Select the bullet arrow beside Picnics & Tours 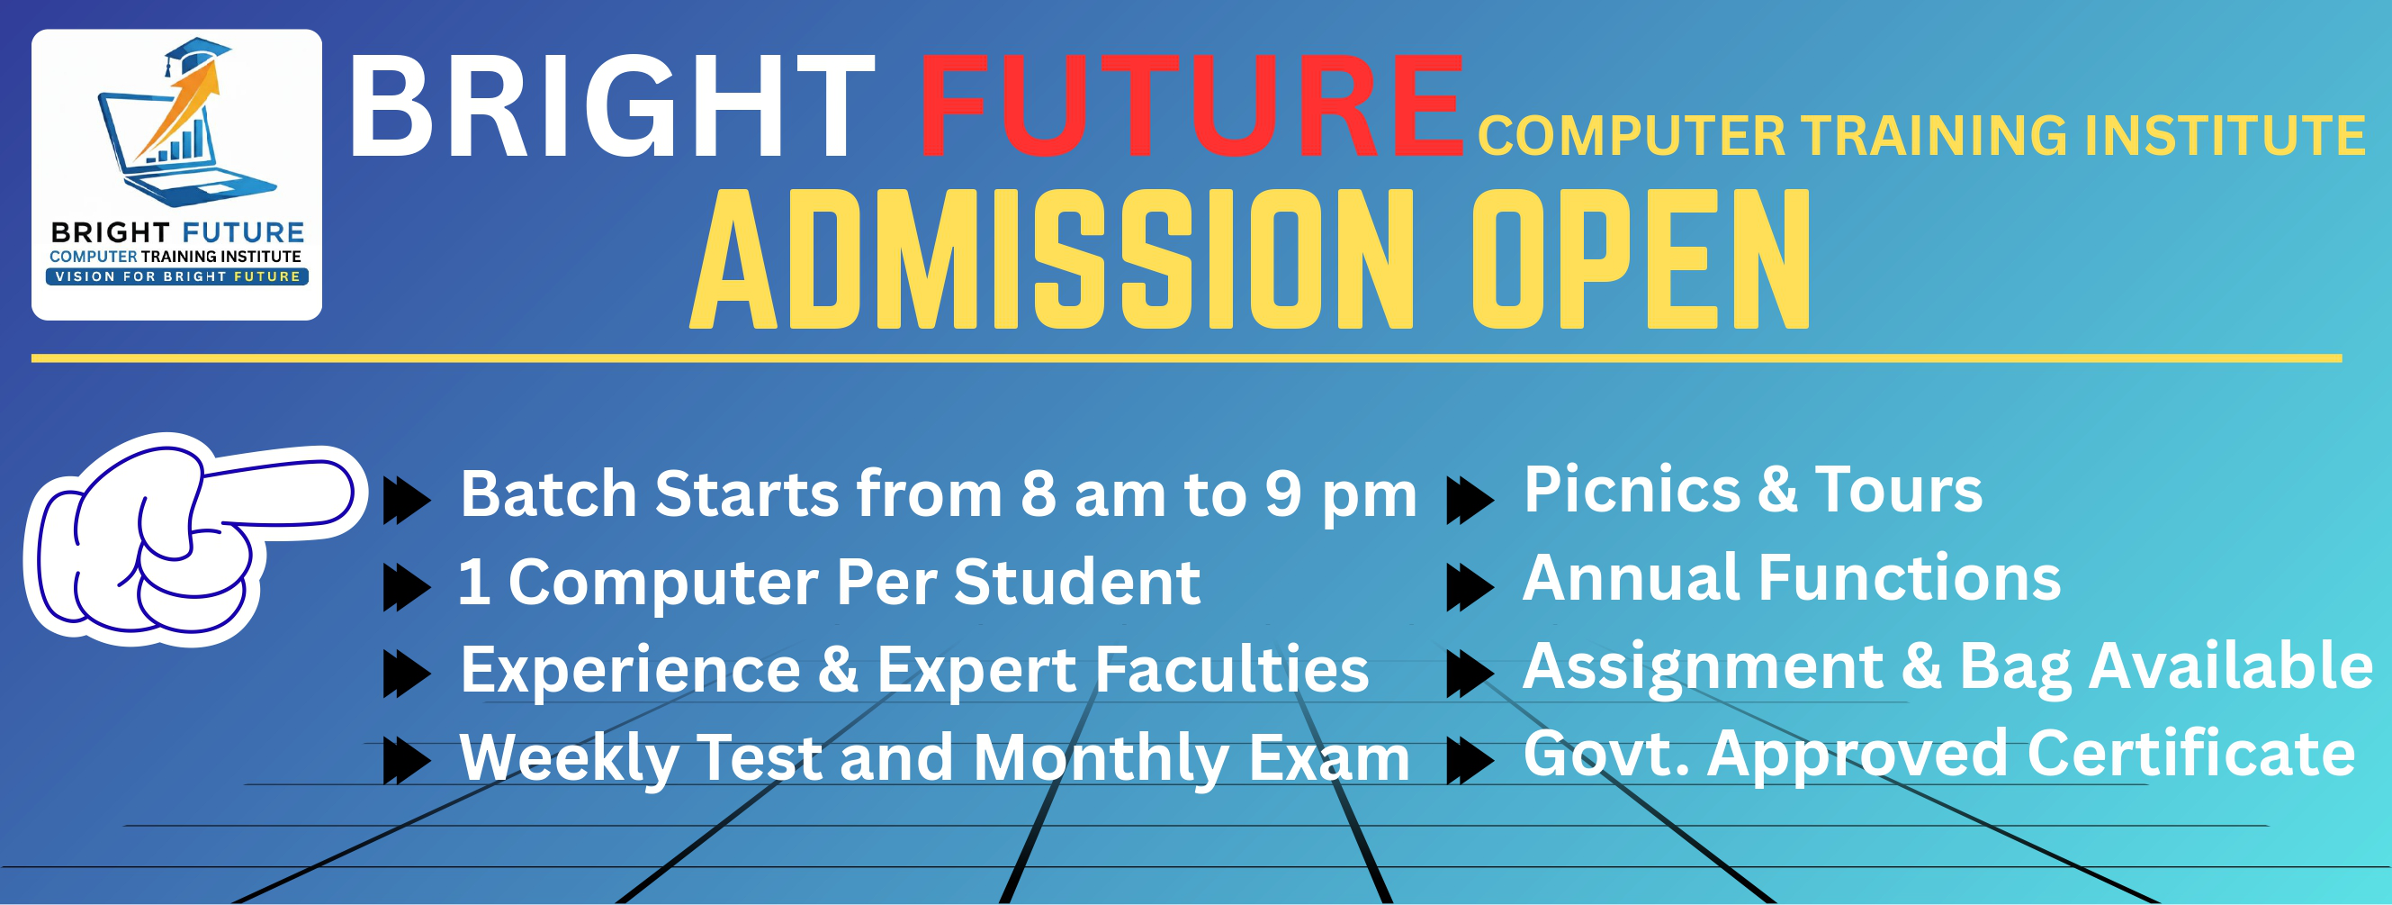coord(1470,501)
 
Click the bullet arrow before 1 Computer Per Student coord(407,587)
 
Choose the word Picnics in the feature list coord(1632,490)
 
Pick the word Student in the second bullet coord(1077,583)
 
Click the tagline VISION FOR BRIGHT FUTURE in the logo coord(177,276)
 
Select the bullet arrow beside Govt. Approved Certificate coord(1470,761)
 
